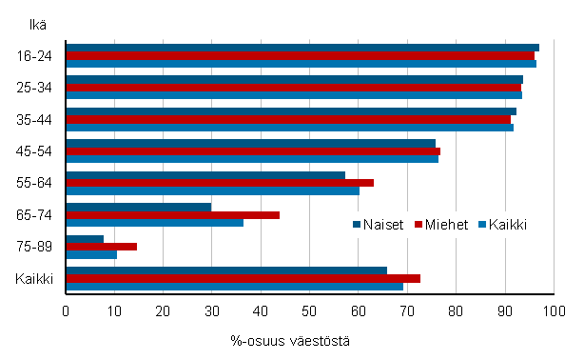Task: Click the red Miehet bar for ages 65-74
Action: pyautogui.click(x=172, y=214)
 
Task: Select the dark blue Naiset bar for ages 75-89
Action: pyautogui.click(x=85, y=238)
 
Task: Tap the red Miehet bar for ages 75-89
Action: pyautogui.click(x=101, y=247)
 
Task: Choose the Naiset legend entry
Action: pyautogui.click(x=380, y=225)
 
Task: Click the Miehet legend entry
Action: pyautogui.click(x=443, y=225)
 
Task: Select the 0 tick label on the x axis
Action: pyautogui.click(x=66, y=310)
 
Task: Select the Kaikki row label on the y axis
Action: pyautogui.click(x=34, y=279)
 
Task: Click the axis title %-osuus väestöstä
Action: pyautogui.click(x=291, y=340)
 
